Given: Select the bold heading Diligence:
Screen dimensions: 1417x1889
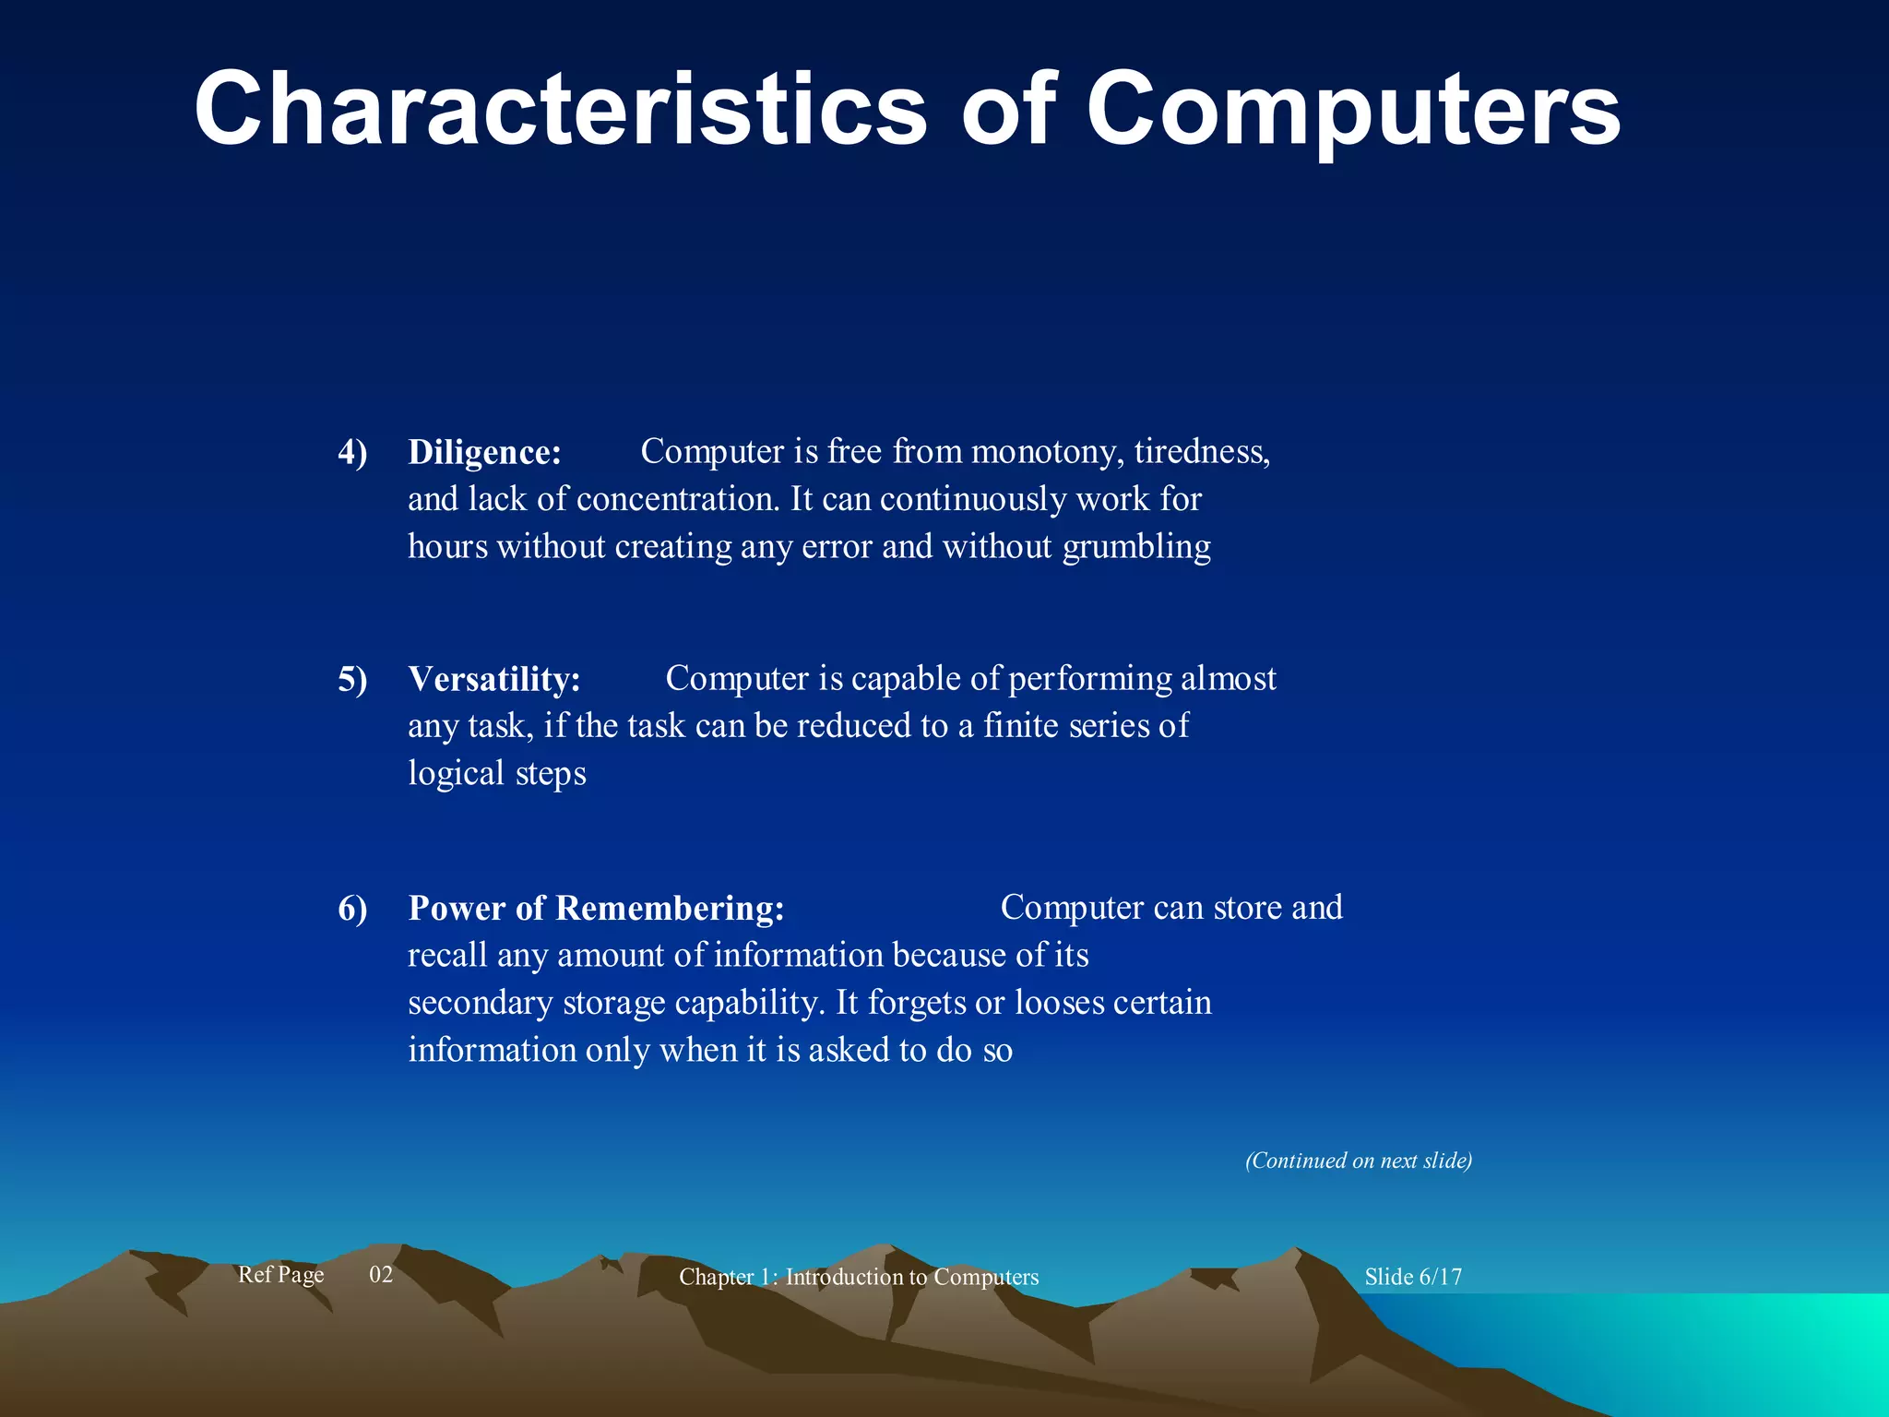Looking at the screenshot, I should [x=484, y=452].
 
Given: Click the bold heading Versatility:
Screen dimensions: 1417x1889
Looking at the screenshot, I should [x=494, y=679].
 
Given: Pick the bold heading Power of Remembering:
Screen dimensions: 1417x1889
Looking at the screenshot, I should [x=596, y=908].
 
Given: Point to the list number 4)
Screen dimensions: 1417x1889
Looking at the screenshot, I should [x=352, y=453].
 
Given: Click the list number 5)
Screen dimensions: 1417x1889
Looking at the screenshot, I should [x=352, y=680].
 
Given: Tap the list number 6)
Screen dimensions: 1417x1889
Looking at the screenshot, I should [x=352, y=909].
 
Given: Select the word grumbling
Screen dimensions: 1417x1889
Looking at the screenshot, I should [x=1136, y=547].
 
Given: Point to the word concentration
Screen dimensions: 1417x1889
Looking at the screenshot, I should [x=678, y=499].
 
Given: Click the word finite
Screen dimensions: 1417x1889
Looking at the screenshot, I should [x=1021, y=726].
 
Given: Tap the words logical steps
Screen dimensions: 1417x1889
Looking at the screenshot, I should [x=497, y=773].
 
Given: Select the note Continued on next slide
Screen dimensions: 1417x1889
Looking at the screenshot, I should [x=1358, y=1161].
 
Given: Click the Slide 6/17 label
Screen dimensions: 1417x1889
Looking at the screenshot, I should [x=1413, y=1277].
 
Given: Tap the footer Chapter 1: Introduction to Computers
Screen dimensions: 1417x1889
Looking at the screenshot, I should [x=859, y=1277].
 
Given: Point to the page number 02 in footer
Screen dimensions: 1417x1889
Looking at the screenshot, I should [x=381, y=1275].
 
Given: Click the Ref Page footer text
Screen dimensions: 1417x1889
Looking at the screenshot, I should [x=280, y=1275].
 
